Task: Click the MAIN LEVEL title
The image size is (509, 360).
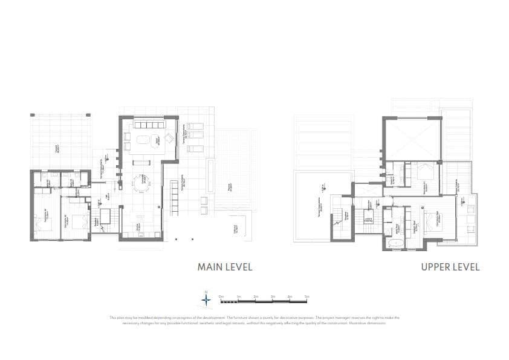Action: click(x=225, y=267)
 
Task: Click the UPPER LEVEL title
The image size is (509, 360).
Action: click(x=450, y=267)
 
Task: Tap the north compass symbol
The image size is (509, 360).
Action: click(x=206, y=298)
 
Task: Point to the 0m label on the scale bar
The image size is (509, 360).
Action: click(x=222, y=296)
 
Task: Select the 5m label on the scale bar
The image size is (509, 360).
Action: click(x=306, y=296)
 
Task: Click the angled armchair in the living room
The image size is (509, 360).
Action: click(x=169, y=139)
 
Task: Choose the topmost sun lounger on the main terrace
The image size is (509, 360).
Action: click(x=196, y=126)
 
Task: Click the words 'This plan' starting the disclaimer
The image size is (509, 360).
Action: click(x=117, y=318)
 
